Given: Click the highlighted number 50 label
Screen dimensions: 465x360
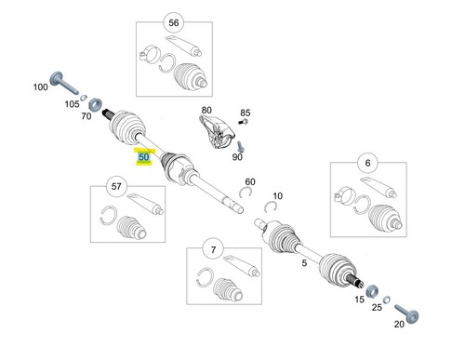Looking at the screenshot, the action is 143,157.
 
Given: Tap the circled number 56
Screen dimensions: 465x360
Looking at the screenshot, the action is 174,22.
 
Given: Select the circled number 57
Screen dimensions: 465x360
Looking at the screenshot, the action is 116,186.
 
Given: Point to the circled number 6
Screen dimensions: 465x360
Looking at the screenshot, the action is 367,163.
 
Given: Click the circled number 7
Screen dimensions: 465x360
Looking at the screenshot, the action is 213,249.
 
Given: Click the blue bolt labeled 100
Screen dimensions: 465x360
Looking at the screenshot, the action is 63,83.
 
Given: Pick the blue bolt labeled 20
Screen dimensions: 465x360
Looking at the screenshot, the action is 406,313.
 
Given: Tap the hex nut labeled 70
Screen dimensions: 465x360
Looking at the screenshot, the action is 95,104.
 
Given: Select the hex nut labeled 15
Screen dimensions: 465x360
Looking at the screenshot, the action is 372,291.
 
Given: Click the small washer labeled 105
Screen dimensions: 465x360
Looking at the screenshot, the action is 83,98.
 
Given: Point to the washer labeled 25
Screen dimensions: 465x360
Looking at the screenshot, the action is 386,300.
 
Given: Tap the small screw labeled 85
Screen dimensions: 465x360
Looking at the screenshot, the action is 244,121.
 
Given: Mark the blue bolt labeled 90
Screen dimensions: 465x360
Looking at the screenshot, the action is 241,146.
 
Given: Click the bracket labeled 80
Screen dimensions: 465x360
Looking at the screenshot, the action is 216,132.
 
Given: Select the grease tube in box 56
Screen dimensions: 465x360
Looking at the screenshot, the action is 183,46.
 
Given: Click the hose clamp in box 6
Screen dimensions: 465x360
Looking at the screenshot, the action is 344,195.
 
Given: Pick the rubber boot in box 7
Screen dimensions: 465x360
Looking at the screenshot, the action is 228,289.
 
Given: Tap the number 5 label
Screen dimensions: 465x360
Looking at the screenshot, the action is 304,263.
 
